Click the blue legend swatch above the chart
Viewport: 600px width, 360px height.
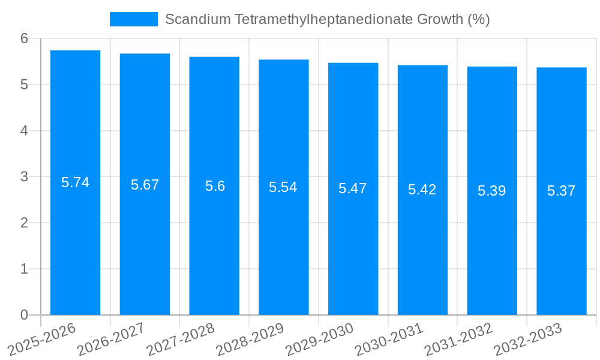pyautogui.click(x=133, y=19)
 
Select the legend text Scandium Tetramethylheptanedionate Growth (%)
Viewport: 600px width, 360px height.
pyautogui.click(x=327, y=19)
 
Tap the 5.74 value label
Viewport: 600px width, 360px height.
pyautogui.click(x=76, y=182)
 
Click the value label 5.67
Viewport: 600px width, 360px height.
pyautogui.click(x=145, y=185)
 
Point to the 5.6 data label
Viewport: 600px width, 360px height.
pyautogui.click(x=215, y=186)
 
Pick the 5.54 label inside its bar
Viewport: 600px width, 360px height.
pyautogui.click(x=283, y=187)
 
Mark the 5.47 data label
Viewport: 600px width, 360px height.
pyautogui.click(x=353, y=188)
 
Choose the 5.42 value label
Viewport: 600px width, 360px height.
pyautogui.click(x=422, y=190)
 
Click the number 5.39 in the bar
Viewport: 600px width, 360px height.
pyautogui.click(x=492, y=191)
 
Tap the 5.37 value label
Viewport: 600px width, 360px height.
pyautogui.click(x=562, y=191)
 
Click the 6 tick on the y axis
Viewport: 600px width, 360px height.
pyautogui.click(x=24, y=38)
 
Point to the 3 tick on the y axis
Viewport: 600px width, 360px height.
pyautogui.click(x=24, y=176)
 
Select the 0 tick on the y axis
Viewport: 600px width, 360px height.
pyautogui.click(x=24, y=315)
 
